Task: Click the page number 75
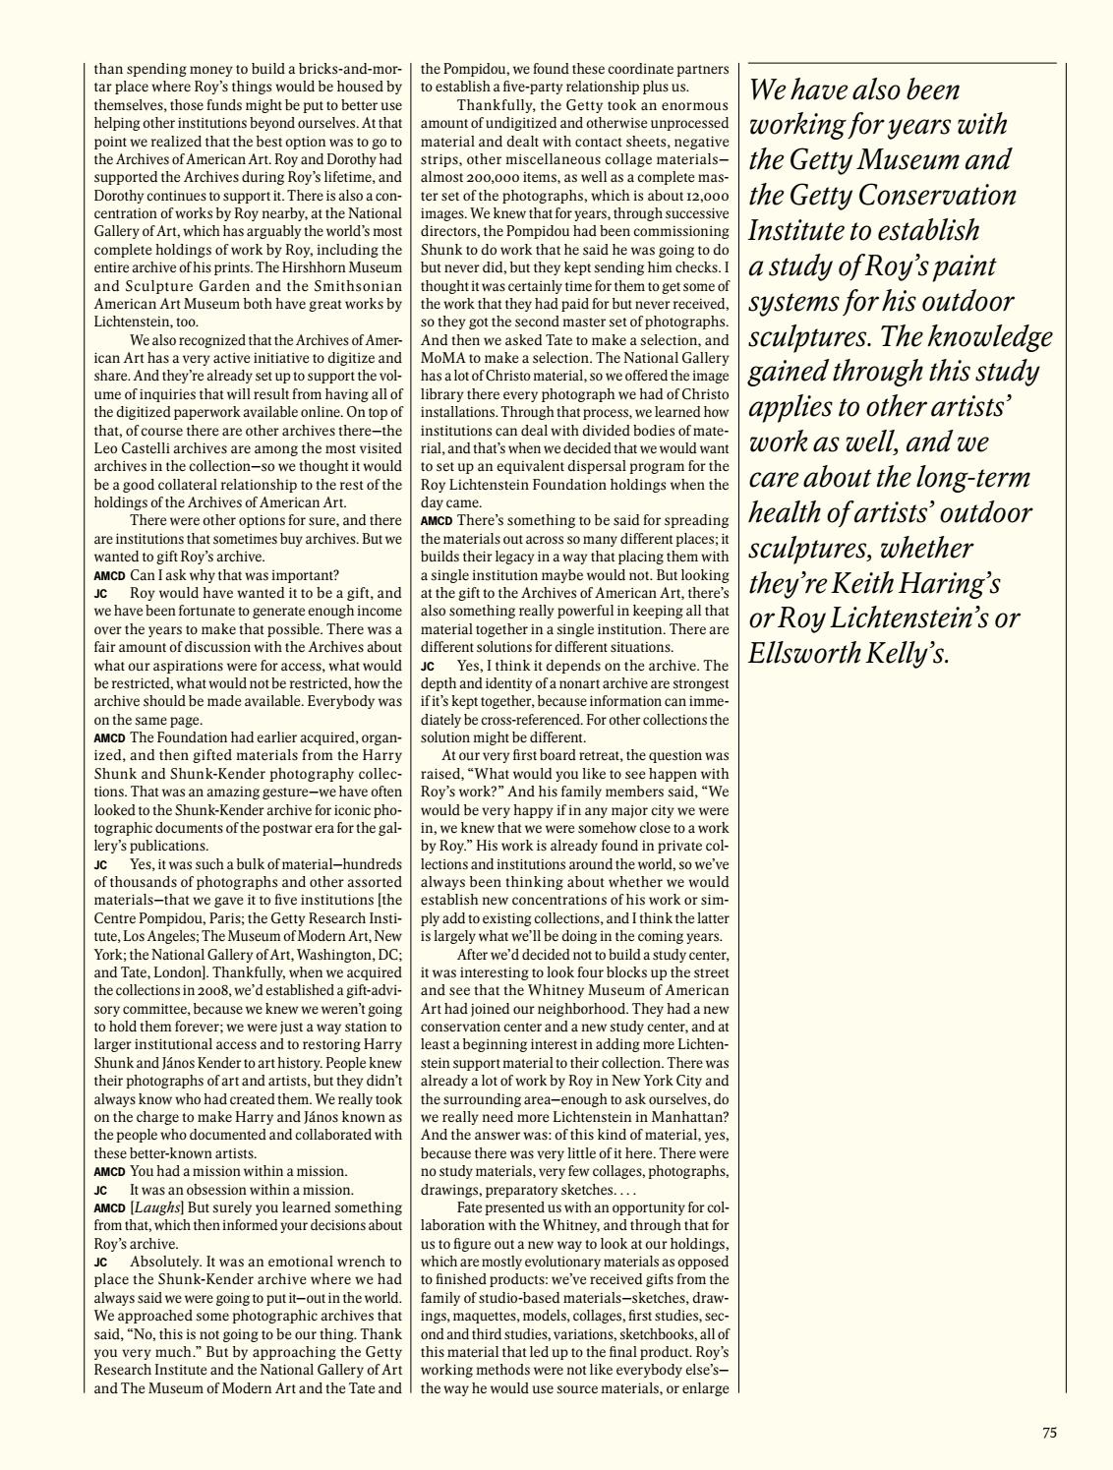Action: [x=1049, y=1433]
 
